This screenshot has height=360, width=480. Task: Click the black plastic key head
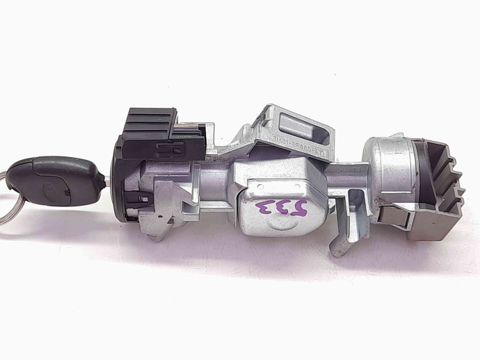56,179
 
